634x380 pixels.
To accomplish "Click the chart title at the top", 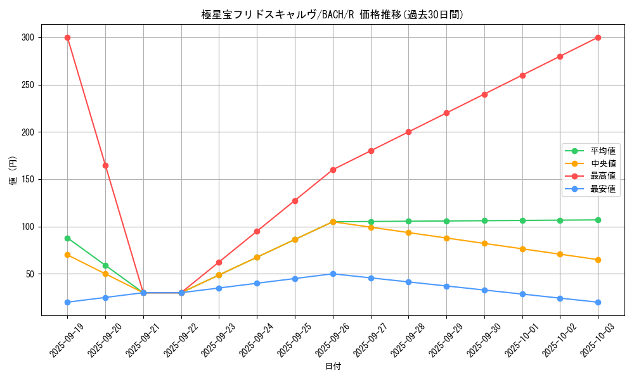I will click(333, 15).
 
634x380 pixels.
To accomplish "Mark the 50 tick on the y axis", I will click(29, 274).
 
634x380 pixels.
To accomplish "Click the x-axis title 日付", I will click(333, 367).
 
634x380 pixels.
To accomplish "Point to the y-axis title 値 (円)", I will click(13, 170).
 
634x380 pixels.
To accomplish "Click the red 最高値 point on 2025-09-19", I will click(67, 37).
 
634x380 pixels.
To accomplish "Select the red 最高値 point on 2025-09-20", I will click(105, 165).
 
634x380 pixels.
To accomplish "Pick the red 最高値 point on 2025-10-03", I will click(598, 37).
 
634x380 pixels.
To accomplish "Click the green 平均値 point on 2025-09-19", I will click(67, 238).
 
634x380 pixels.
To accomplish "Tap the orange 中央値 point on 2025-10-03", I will click(598, 260).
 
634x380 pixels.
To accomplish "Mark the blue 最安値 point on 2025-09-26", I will click(333, 274).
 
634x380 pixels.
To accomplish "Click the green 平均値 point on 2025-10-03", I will click(598, 220).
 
